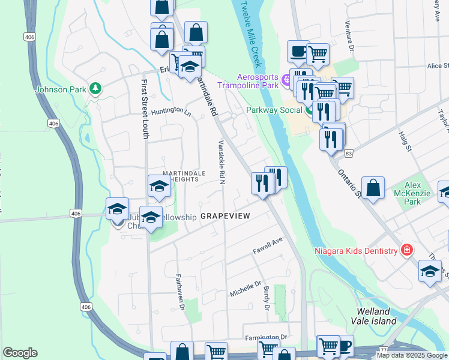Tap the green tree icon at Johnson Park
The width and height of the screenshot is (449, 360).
point(95,89)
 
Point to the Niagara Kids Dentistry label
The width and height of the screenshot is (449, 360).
point(357,250)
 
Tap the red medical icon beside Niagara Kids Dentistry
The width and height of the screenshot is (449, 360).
point(407,250)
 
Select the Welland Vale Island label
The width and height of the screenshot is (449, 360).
point(376,316)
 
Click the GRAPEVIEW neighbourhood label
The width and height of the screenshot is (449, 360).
point(224,215)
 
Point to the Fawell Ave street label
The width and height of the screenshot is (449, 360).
point(267,245)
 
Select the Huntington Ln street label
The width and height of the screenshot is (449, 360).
point(170,112)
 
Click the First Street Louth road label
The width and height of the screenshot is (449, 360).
point(145,109)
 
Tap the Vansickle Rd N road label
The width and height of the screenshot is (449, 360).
point(221,162)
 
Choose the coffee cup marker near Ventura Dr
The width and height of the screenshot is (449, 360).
point(298,52)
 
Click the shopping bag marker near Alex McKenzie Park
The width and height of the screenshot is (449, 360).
point(373,187)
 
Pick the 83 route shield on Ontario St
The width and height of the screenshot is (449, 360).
point(349,155)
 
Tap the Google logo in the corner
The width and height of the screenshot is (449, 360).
point(20,353)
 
